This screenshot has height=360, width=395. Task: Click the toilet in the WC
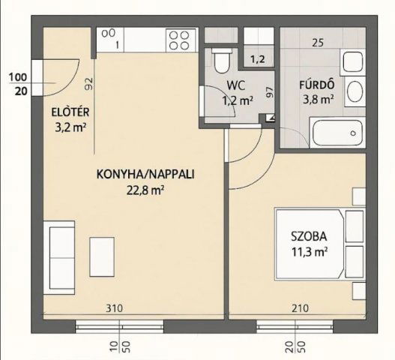(x=222, y=61)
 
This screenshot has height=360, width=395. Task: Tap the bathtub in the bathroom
(x=337, y=133)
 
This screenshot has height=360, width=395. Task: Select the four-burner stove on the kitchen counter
(x=181, y=40)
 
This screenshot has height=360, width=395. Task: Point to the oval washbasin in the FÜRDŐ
(x=355, y=91)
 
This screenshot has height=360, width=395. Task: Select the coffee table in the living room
(x=102, y=256)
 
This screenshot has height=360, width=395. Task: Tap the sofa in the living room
(x=59, y=257)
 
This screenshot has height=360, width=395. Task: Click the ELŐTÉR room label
(x=70, y=112)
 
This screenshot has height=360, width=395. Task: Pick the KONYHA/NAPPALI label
(x=145, y=174)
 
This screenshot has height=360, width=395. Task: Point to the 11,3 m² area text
(x=310, y=251)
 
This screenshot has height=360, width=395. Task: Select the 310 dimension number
(x=114, y=308)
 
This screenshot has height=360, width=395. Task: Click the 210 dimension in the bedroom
(x=300, y=308)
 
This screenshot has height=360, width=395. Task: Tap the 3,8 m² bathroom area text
(x=319, y=100)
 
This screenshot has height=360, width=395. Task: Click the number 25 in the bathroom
(x=318, y=43)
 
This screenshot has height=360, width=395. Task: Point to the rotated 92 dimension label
(x=89, y=84)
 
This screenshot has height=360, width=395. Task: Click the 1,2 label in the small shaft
(x=258, y=59)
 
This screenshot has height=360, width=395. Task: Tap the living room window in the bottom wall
(x=120, y=326)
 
